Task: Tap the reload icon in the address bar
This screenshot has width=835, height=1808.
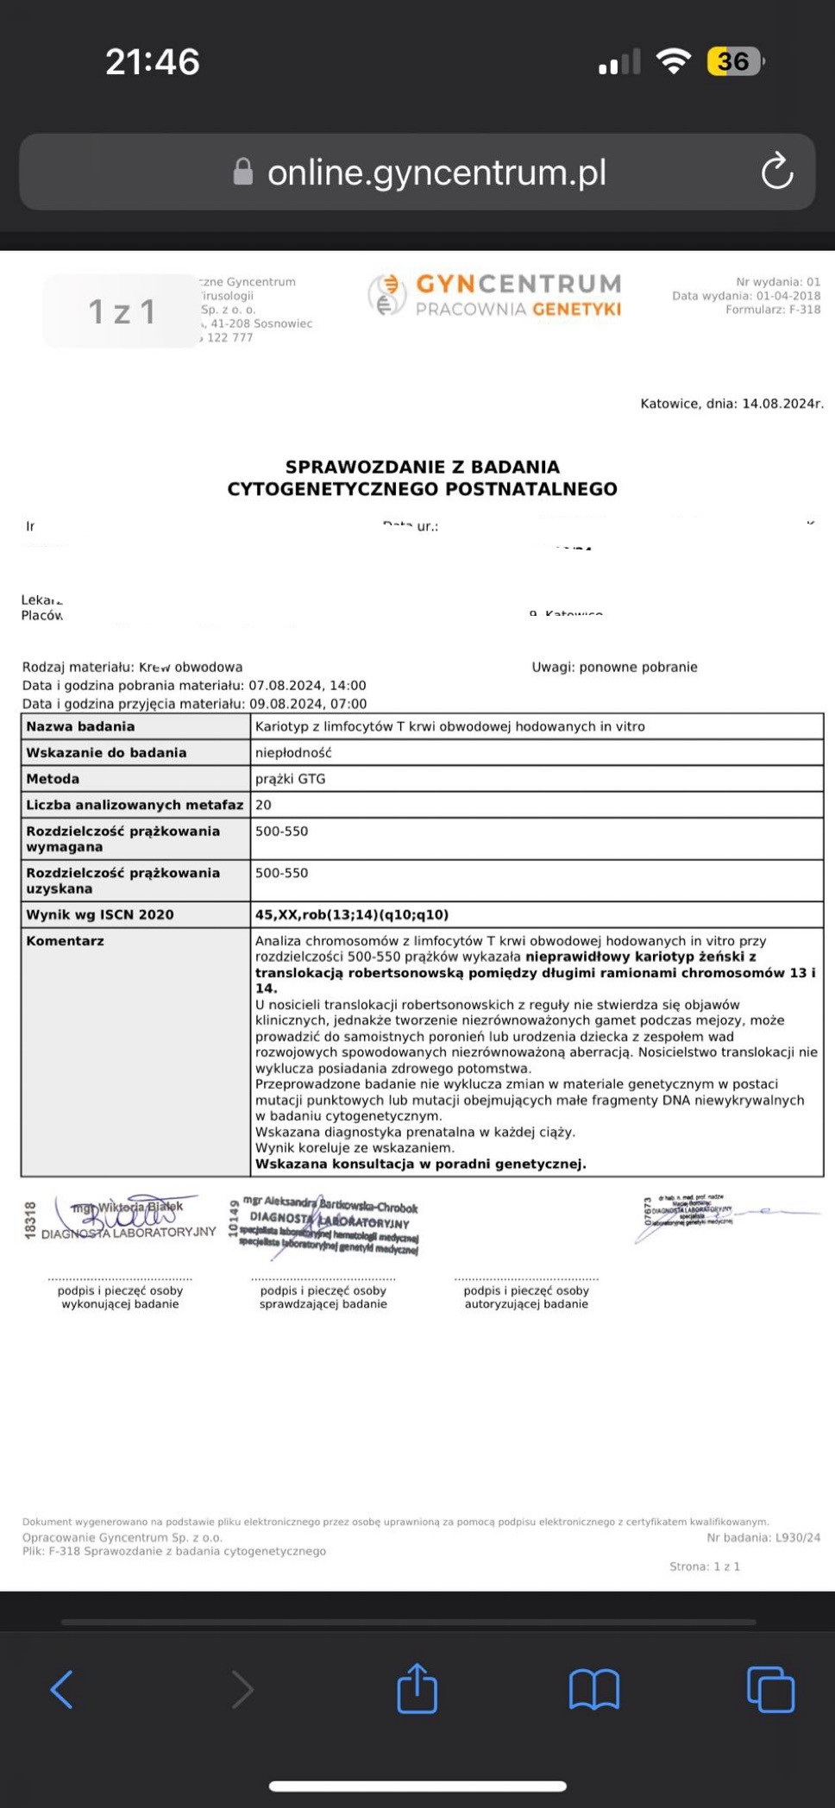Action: coord(776,171)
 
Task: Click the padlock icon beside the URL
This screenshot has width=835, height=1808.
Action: coord(243,172)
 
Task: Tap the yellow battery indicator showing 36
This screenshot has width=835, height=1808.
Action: coord(734,61)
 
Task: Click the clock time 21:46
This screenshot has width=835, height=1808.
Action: coord(153,61)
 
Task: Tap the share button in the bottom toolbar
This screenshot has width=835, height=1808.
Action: coord(417,1688)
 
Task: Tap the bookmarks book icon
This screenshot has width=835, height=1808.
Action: coord(594,1689)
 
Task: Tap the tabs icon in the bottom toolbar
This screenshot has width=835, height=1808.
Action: coord(770,1689)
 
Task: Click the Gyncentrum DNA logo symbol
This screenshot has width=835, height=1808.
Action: coord(386,295)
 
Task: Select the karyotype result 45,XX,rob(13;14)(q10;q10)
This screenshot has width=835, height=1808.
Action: coord(352,914)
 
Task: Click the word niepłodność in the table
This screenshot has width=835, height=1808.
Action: coord(293,752)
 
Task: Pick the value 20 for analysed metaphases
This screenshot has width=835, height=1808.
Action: coord(263,805)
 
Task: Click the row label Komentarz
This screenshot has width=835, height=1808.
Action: coord(66,941)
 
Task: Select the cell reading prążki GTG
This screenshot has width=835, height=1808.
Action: coord(291,779)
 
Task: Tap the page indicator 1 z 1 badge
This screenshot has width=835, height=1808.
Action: coord(122,311)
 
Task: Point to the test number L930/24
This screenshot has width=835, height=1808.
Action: coord(798,1537)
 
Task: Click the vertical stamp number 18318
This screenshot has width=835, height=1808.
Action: coord(30,1221)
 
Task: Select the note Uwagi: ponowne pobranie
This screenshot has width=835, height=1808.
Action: coord(614,667)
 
